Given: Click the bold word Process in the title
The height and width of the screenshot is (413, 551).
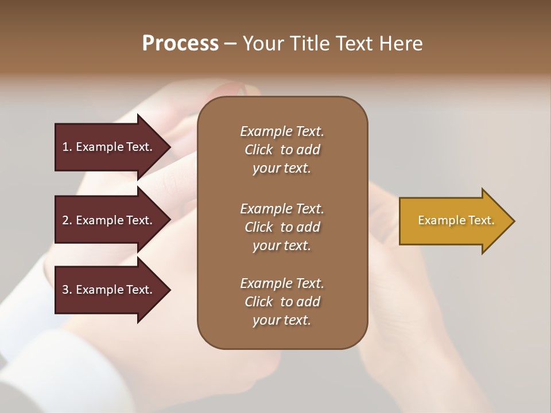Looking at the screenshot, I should [x=180, y=43].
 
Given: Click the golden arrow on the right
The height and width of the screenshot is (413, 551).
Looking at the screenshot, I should [x=453, y=221].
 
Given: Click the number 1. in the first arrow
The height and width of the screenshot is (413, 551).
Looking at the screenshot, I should [x=67, y=147].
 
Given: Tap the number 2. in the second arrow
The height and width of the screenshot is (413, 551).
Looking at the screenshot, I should [x=67, y=220].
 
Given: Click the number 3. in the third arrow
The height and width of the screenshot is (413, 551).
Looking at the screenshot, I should [x=67, y=290].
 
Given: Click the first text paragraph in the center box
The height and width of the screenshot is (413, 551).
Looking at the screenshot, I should [x=282, y=150].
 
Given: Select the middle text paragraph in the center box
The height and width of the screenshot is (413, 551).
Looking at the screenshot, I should [x=282, y=227].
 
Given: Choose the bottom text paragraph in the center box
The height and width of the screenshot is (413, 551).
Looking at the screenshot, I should [x=282, y=302].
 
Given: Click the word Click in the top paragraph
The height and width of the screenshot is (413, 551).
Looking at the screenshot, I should [x=259, y=150].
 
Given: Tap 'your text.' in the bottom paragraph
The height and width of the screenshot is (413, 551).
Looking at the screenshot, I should [x=282, y=320].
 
